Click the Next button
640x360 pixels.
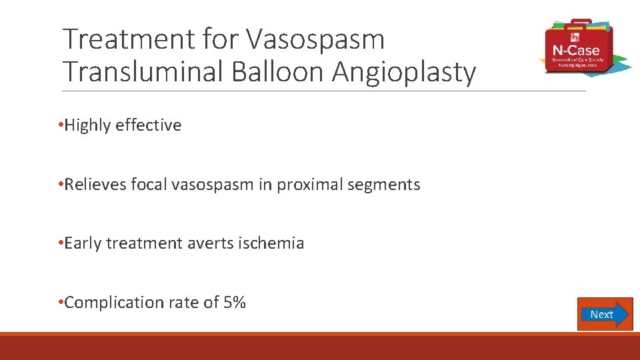(x=604, y=314)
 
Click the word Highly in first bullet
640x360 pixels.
(x=87, y=125)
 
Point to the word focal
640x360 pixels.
(x=149, y=185)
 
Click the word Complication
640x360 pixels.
(x=109, y=303)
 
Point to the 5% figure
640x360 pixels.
(x=235, y=303)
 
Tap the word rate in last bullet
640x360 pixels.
(x=175, y=303)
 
